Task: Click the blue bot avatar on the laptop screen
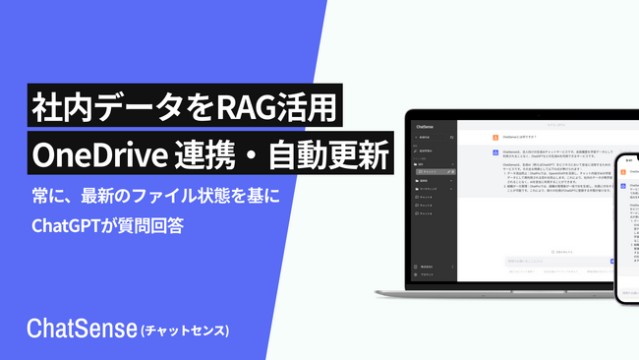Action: pyautogui.click(x=494, y=152)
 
